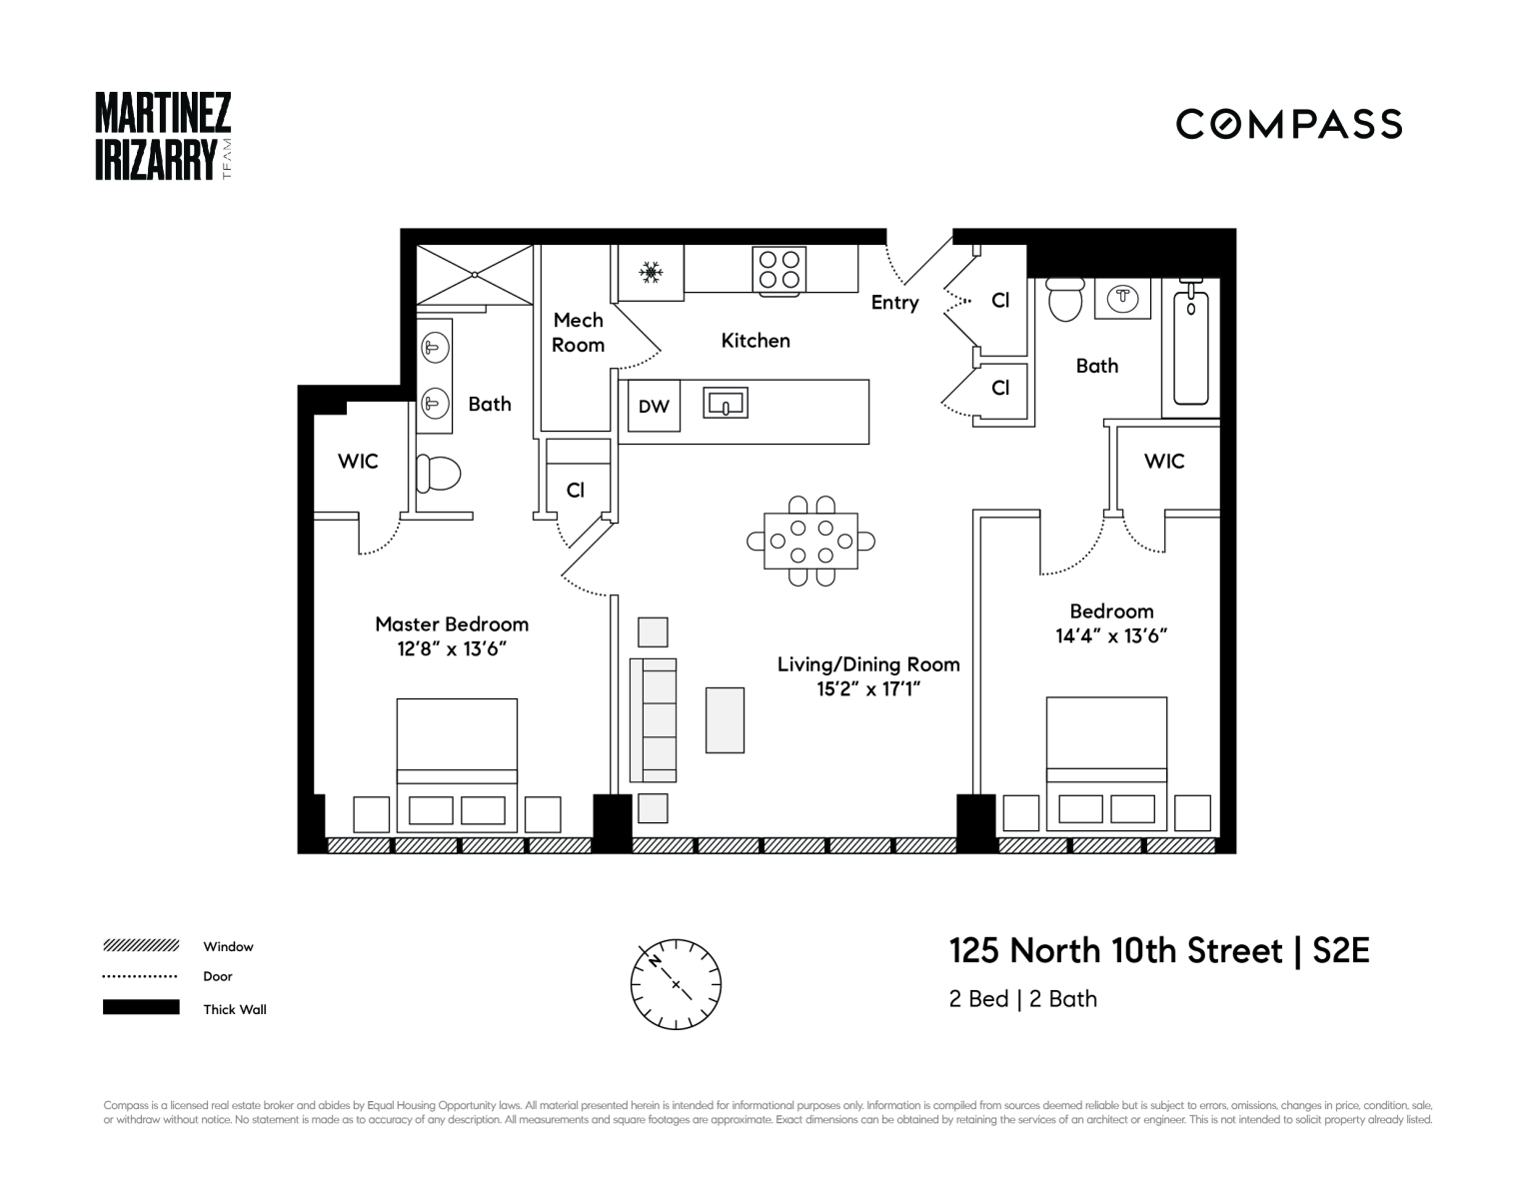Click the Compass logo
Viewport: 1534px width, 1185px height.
pyautogui.click(x=1288, y=124)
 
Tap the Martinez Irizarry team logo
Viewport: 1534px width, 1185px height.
pyautogui.click(x=163, y=137)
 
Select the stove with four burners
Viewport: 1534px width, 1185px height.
pyautogui.click(x=779, y=270)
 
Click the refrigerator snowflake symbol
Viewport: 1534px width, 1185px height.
pyautogui.click(x=652, y=272)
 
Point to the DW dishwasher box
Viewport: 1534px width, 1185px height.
pyautogui.click(x=654, y=406)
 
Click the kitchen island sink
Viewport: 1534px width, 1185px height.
pyautogui.click(x=727, y=404)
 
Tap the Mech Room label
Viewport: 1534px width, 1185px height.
pyautogui.click(x=579, y=333)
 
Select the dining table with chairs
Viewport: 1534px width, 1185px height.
pyautogui.click(x=810, y=541)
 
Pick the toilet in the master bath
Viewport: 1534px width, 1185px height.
pyautogui.click(x=438, y=474)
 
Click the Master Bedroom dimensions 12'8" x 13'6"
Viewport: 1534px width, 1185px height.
pyautogui.click(x=452, y=648)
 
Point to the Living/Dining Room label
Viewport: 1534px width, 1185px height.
pyautogui.click(x=868, y=664)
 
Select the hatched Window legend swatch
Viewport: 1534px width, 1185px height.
pyautogui.click(x=141, y=945)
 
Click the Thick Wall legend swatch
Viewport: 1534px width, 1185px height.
pyautogui.click(x=141, y=1007)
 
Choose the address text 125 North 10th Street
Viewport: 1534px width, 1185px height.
pyautogui.click(x=1115, y=950)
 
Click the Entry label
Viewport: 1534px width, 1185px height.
pyautogui.click(x=894, y=303)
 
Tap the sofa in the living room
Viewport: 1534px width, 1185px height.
pyautogui.click(x=653, y=719)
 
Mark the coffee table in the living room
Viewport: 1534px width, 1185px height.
pyautogui.click(x=725, y=719)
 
